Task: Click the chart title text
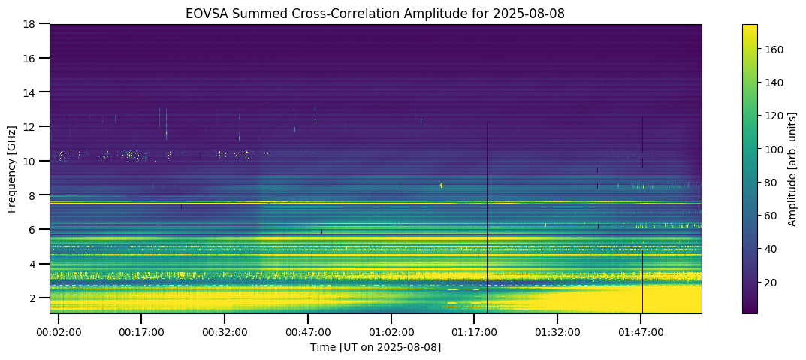click(376, 14)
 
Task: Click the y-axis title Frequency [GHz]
click(13, 169)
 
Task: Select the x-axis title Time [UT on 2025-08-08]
click(376, 347)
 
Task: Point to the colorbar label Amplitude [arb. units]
click(791, 169)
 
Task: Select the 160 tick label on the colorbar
click(774, 50)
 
